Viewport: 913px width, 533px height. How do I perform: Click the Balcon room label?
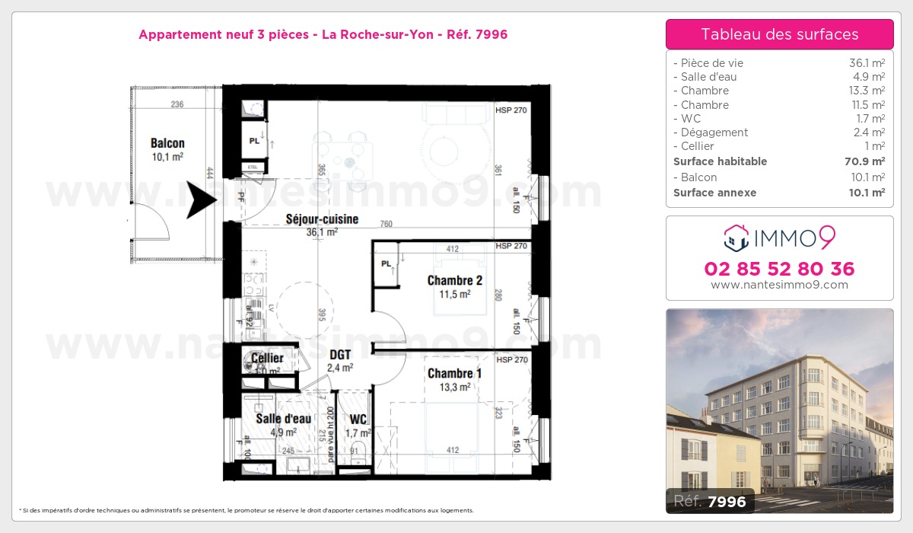167,143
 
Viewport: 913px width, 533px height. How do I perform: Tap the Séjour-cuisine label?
322,219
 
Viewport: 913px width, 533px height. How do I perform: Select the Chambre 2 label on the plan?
455,280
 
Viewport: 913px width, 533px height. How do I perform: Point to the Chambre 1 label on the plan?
455,373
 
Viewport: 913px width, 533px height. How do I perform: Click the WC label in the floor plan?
358,420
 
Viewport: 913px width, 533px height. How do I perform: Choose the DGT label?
340,354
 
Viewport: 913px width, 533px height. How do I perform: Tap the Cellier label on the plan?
267,358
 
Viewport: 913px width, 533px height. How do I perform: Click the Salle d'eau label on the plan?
283,419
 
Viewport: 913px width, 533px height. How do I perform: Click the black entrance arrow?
202,199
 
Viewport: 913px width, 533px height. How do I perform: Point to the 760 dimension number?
386,223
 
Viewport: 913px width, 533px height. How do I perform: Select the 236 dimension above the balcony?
177,104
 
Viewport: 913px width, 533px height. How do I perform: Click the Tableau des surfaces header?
779,34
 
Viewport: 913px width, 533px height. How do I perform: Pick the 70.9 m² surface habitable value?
867,161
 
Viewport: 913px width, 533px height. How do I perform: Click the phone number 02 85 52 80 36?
779,269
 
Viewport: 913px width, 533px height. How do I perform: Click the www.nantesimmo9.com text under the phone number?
779,285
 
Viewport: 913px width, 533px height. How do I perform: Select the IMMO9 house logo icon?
735,238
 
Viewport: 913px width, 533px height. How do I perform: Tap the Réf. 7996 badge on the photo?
710,501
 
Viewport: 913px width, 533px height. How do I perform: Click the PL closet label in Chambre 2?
386,264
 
